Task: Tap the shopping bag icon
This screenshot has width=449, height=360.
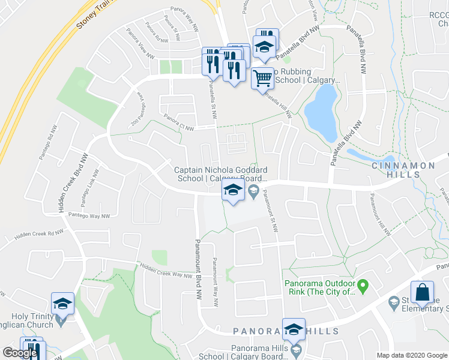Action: pos(423,292)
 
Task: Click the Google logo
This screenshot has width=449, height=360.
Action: pos(20,353)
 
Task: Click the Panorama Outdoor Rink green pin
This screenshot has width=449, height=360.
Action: pos(363,284)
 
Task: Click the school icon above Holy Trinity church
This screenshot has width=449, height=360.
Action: pos(62,304)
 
